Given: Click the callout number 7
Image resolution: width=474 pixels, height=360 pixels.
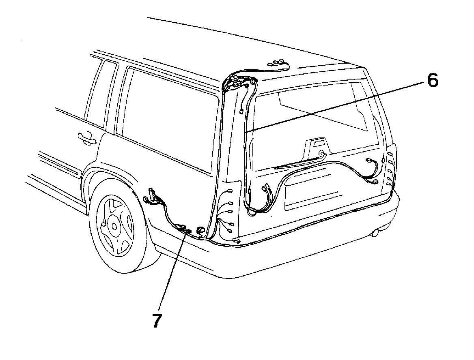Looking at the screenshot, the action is [156, 321].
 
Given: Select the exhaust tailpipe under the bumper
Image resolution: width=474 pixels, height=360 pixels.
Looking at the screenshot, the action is [375, 233].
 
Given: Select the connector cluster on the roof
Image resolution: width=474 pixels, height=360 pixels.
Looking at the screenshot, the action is [278, 64].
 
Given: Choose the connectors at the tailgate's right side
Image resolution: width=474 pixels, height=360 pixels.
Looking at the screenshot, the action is [373, 172].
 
